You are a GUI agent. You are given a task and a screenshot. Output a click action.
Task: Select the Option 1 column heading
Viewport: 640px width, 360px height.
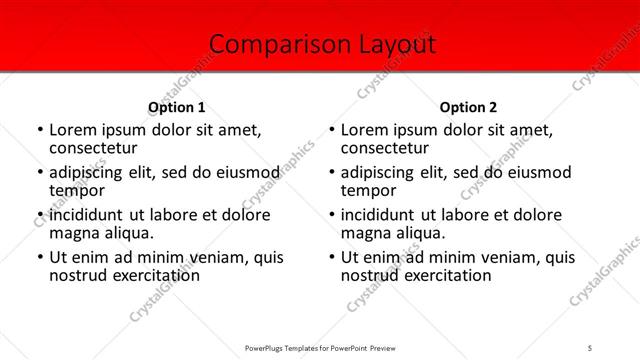coord(177,107)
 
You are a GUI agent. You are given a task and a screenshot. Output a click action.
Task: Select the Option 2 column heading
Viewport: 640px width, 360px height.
coord(468,107)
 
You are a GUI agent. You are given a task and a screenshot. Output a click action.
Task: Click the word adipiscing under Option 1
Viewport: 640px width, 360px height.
coord(89,172)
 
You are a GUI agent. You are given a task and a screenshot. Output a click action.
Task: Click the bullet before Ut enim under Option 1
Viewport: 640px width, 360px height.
coord(39,257)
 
